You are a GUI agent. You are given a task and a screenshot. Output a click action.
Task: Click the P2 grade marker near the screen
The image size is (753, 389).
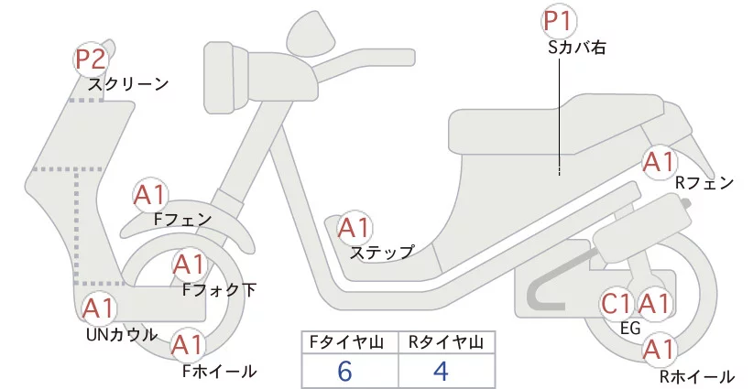coord(91,60)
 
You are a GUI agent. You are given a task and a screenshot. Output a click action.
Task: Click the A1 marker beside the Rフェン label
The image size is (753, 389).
coord(659,163)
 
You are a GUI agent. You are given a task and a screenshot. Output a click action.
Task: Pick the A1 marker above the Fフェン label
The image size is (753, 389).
coord(149,195)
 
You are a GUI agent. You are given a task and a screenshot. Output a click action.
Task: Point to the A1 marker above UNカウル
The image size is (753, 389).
coord(99,308)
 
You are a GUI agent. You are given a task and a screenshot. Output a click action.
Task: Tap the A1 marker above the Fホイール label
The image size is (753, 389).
coord(188,346)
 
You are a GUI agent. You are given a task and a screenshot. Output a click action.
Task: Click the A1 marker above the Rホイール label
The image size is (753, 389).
coord(658,349)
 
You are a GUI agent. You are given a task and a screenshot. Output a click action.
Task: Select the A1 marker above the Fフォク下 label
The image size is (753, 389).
coord(189,265)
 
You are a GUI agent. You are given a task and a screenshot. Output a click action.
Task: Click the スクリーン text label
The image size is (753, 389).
coord(128,84)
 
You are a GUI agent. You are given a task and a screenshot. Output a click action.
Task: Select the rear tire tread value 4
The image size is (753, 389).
coord(442,372)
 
